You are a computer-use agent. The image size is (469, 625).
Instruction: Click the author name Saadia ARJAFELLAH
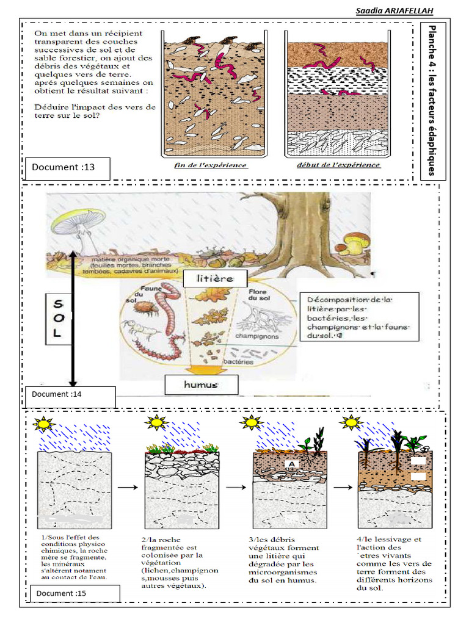point(395,11)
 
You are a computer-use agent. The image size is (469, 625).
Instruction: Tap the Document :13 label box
point(68,168)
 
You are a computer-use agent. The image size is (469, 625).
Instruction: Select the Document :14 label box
point(70,396)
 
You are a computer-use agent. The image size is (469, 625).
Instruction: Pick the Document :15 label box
point(72,593)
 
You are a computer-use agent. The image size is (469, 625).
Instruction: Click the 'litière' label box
point(206,278)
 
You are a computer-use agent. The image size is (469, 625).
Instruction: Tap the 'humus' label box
point(200,385)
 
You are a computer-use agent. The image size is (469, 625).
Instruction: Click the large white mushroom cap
point(78,221)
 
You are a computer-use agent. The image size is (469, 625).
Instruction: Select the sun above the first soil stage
point(44,423)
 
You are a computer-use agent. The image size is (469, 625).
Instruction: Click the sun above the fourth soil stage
point(351,422)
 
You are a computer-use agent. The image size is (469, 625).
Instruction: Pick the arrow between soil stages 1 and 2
point(126,488)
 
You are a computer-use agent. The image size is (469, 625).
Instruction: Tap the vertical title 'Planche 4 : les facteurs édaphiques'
point(432,101)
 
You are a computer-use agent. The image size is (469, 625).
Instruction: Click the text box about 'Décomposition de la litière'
point(360,316)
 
